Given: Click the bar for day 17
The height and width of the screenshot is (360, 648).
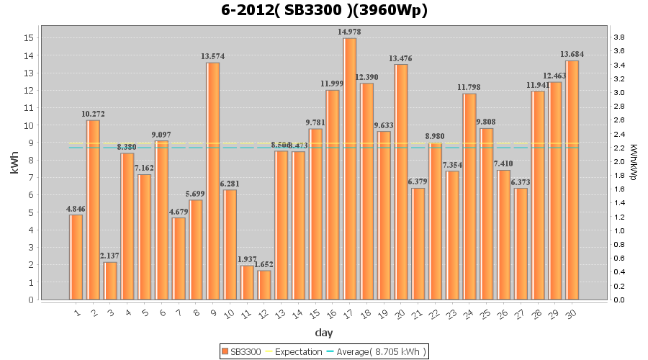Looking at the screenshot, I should (x=350, y=168).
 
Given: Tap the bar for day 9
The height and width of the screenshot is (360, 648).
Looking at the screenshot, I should (x=213, y=181).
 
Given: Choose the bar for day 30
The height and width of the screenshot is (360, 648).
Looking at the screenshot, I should (x=572, y=180).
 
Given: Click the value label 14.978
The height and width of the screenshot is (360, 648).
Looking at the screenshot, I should (x=350, y=32).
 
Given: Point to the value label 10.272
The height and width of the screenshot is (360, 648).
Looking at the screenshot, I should (x=93, y=114).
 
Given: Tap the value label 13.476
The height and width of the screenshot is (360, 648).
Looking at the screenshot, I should (x=401, y=58).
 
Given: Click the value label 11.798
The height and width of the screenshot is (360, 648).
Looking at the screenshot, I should (x=469, y=88).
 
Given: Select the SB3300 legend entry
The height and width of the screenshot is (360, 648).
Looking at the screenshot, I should (x=242, y=351).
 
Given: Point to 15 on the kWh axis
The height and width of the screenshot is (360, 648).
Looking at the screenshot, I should (x=30, y=38).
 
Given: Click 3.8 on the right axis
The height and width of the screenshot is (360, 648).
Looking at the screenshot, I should (x=618, y=37).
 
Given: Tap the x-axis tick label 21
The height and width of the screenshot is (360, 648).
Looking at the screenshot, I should (x=418, y=312).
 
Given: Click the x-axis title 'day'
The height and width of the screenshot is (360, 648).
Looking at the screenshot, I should (x=324, y=333).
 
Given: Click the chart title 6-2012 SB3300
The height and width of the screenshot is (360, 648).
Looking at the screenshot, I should (x=324, y=11).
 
